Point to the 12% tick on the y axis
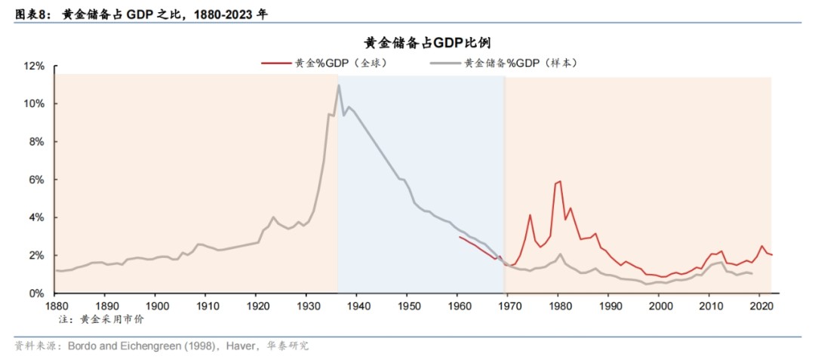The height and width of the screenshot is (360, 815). coord(35,66)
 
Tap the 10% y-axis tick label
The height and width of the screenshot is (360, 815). coord(35,104)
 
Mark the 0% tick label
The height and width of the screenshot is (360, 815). coord(37,293)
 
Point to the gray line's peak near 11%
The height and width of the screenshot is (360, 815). coord(339,85)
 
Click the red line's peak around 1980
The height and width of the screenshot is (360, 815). coord(559,181)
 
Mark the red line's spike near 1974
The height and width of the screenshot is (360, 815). coord(530,215)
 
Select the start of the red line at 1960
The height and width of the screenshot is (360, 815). coord(460,237)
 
